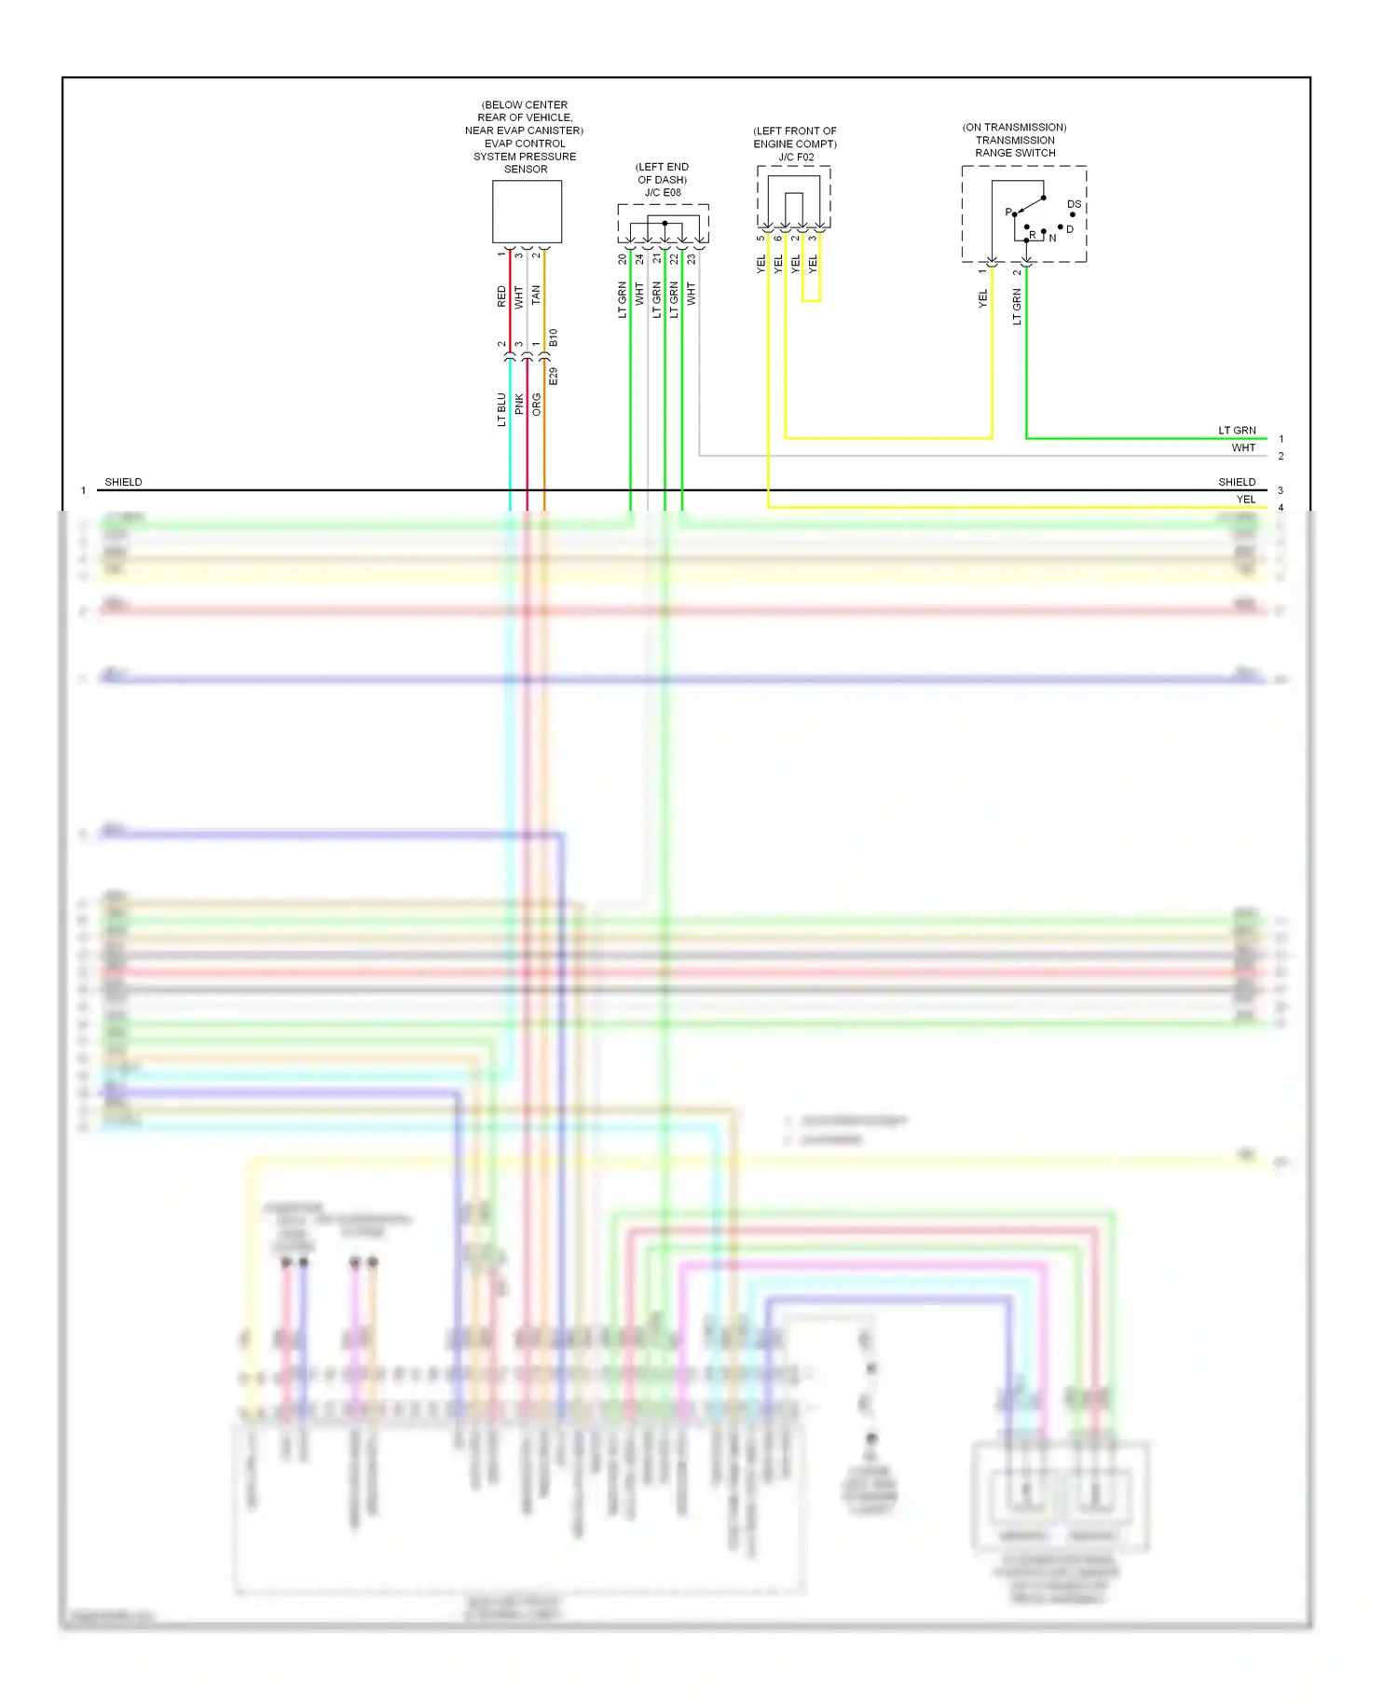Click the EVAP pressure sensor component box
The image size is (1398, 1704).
coord(527,212)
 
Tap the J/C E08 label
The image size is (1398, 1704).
coord(663,193)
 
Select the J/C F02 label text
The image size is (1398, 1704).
coord(796,158)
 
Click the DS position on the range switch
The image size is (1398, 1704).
coord(1074,204)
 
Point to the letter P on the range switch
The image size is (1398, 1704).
coord(1007,212)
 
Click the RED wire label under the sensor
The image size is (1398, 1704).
coord(501,296)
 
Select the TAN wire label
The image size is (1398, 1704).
coord(536,295)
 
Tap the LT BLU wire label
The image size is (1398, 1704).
coord(501,409)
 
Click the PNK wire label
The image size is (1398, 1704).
coord(519,405)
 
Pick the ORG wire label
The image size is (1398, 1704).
coord(536,405)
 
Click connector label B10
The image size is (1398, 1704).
coord(554,337)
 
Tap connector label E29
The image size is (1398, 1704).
coord(554,377)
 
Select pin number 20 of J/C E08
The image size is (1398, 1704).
coord(623,260)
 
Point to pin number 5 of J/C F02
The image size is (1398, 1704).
coord(761,239)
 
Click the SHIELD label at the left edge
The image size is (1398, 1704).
coord(123,482)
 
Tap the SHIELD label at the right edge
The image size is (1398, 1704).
coord(1237,482)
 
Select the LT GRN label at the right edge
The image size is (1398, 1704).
coord(1237,431)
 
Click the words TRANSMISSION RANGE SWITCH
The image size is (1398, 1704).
coord(1015,146)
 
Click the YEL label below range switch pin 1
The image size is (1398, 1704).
coord(982,298)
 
